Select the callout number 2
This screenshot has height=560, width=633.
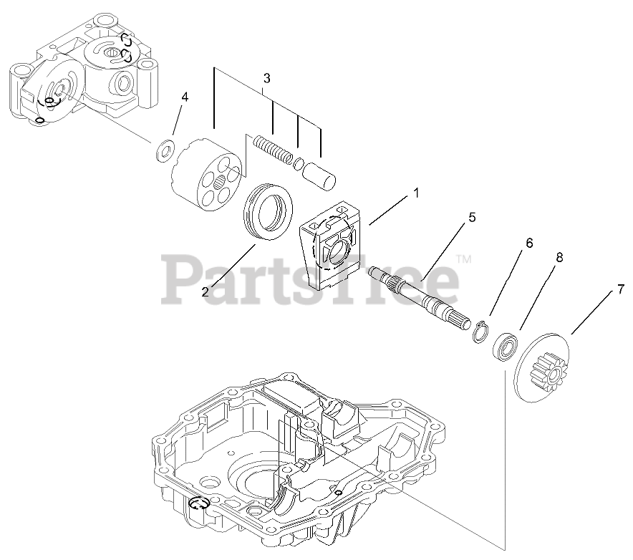tap(206, 291)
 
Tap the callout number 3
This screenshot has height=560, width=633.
tap(266, 77)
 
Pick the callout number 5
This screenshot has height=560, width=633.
tap(471, 217)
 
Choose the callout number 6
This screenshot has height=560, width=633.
tap(529, 243)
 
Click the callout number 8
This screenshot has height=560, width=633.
tap(559, 256)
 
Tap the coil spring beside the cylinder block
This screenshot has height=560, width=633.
tap(271, 150)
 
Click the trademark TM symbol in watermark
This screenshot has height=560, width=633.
tap(464, 259)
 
